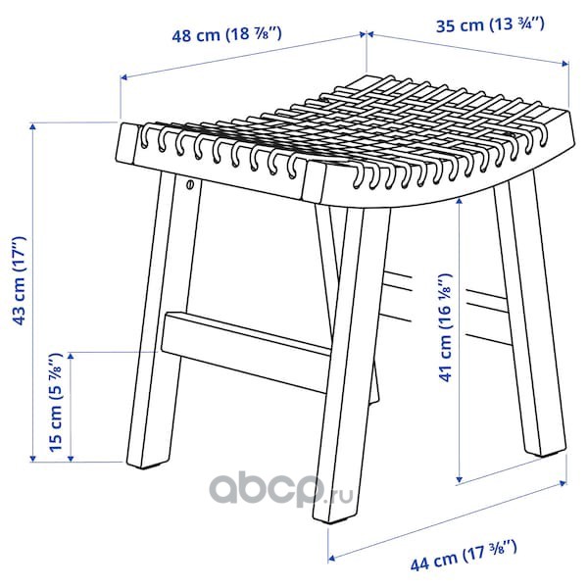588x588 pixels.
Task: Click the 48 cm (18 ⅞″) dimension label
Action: [x=226, y=34]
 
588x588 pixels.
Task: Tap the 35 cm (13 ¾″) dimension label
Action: [x=490, y=24]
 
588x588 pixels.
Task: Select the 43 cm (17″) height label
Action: [x=19, y=281]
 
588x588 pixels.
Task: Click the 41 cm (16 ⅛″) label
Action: [x=446, y=328]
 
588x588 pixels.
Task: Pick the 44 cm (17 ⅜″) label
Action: [x=464, y=556]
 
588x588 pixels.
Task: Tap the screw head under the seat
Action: [x=190, y=184]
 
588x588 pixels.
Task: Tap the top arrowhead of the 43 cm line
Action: [x=33, y=127]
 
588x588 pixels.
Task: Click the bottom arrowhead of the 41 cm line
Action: [x=460, y=478]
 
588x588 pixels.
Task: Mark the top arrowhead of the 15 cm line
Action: [x=71, y=356]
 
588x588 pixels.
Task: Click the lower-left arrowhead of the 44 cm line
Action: [x=331, y=559]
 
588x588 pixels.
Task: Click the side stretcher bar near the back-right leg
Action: [x=487, y=317]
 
